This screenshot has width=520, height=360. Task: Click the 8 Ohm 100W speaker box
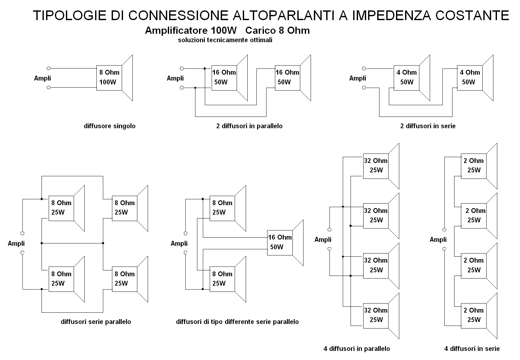tap(109, 78)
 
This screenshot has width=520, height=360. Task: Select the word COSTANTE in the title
tap(472, 16)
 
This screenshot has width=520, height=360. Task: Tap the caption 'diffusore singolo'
tap(110, 126)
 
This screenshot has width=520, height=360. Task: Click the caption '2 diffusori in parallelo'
tap(249, 126)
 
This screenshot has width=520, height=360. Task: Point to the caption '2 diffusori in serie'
tap(428, 126)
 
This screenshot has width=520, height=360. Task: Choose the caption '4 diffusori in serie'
tap(472, 348)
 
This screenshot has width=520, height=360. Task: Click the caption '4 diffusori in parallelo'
tap(357, 348)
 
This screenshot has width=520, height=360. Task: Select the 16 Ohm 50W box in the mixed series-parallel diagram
tap(280, 242)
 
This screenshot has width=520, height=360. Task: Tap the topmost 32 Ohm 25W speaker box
tap(376, 166)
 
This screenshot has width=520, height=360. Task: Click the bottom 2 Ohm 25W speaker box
tap(474, 316)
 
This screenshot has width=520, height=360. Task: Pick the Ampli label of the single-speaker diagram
tap(43, 78)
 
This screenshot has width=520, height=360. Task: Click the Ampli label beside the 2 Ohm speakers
tap(438, 240)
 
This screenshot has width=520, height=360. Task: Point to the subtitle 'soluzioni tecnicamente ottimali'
tap(225, 40)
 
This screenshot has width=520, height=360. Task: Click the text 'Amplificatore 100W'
tap(191, 31)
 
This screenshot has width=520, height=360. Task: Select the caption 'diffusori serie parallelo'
tap(96, 322)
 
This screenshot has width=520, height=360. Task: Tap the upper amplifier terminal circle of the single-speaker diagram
tap(48, 68)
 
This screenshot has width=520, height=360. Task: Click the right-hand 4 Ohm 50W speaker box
tap(470, 78)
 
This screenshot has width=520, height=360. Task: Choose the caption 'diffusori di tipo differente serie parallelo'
tap(237, 322)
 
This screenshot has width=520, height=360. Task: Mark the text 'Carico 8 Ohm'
tap(278, 31)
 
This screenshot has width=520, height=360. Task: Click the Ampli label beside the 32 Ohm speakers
tap(323, 240)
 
